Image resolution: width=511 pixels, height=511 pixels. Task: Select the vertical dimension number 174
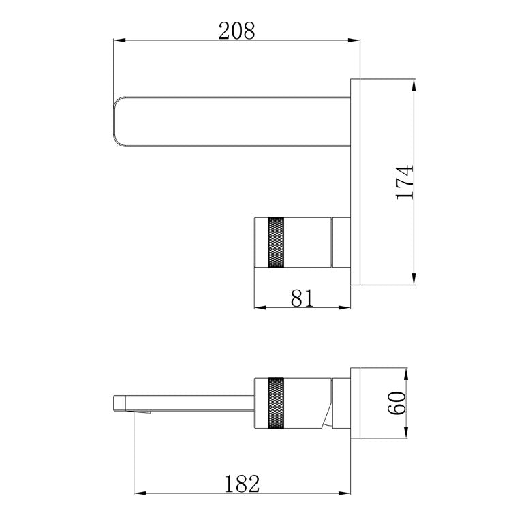[x=404, y=182]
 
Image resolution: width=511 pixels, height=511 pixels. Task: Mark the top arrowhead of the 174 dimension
[x=414, y=84]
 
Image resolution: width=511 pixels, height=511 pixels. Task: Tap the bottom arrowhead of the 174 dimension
[x=414, y=279]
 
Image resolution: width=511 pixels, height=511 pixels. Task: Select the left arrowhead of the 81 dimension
[x=260, y=308]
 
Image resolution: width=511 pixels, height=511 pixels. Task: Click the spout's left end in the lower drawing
[x=114, y=401]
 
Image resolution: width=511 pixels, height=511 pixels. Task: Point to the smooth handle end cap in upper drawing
[x=262, y=243]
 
